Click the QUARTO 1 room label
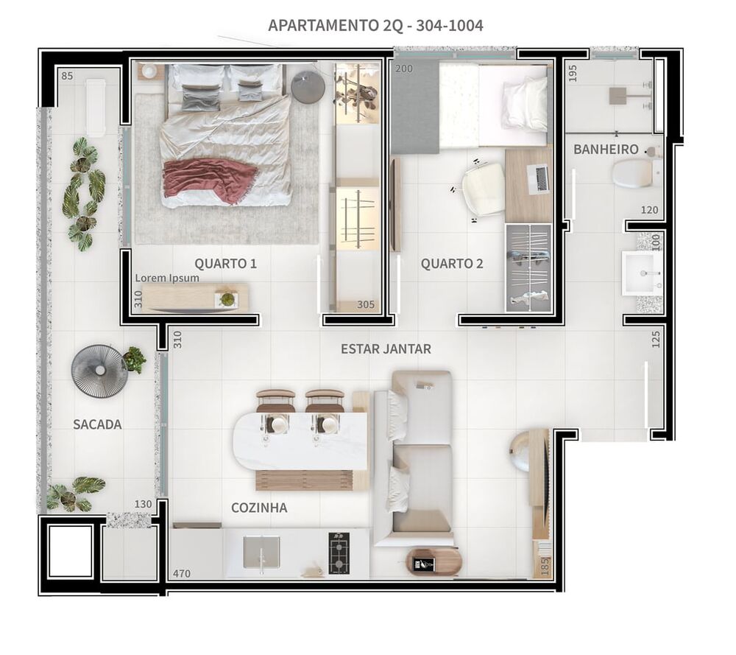pyautogui.click(x=226, y=263)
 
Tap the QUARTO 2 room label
pyautogui.click(x=452, y=263)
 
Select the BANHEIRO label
pyautogui.click(x=606, y=150)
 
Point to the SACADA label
pyautogui.click(x=97, y=424)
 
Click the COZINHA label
pyautogui.click(x=259, y=508)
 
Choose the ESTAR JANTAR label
pyautogui.click(x=386, y=348)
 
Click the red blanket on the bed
pyautogui.click(x=210, y=179)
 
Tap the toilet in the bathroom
pyautogui.click(x=634, y=174)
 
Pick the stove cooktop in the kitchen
pyautogui.click(x=339, y=553)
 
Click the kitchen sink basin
pyautogui.click(x=261, y=551)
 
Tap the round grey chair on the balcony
pyautogui.click(x=99, y=371)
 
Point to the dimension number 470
pyautogui.click(x=183, y=572)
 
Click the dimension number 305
pyautogui.click(x=366, y=304)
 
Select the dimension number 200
pyautogui.click(x=404, y=69)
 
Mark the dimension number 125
pyautogui.click(x=656, y=338)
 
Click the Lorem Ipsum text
pyautogui.click(x=166, y=279)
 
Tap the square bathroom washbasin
pyautogui.click(x=641, y=273)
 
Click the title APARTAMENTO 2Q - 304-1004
pyautogui.click(x=375, y=26)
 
